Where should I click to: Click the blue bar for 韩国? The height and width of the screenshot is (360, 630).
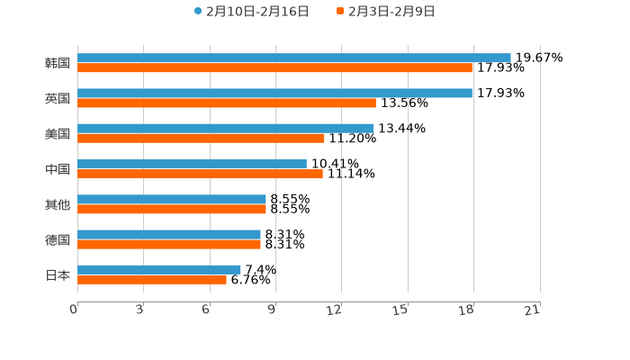pyautogui.click(x=294, y=58)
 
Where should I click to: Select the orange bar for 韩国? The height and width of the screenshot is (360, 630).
pyautogui.click(x=274, y=67)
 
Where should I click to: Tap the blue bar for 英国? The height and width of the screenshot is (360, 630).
pyautogui.click(x=274, y=93)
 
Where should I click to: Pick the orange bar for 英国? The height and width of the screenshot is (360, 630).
pyautogui.click(x=227, y=103)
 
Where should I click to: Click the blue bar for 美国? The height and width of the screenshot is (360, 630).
pyautogui.click(x=225, y=128)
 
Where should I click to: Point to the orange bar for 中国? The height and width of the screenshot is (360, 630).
pyautogui.click(x=200, y=174)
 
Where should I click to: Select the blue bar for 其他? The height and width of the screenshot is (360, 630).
pyautogui.click(x=172, y=199)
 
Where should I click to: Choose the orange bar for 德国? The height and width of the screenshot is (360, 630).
pyautogui.click(x=169, y=244)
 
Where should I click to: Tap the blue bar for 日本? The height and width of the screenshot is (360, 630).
pyautogui.click(x=159, y=269)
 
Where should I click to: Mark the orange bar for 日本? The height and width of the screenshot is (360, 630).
pyautogui.click(x=152, y=279)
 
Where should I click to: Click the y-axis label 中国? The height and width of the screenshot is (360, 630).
pyautogui.click(x=58, y=169)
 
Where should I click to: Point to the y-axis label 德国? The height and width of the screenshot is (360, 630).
pyautogui.click(x=58, y=239)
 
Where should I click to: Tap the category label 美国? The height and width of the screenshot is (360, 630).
pyautogui.click(x=58, y=134)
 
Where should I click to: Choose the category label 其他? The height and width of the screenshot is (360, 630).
pyautogui.click(x=58, y=204)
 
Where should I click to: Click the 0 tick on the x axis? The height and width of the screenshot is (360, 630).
pyautogui.click(x=75, y=310)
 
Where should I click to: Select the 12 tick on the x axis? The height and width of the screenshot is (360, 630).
pyautogui.click(x=335, y=310)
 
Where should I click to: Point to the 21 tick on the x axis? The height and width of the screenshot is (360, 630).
pyautogui.click(x=533, y=310)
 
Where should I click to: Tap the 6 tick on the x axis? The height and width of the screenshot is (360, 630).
pyautogui.click(x=207, y=310)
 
